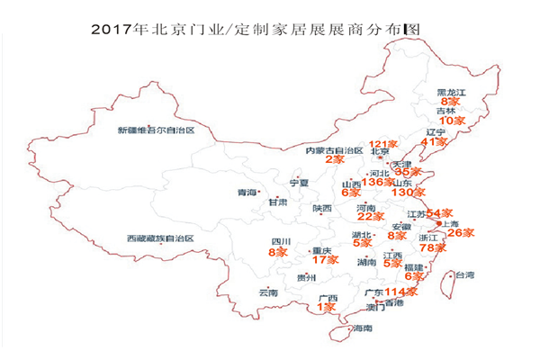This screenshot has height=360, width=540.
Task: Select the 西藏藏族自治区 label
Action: pos(160,239)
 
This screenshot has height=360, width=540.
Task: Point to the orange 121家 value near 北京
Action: pos(384,144)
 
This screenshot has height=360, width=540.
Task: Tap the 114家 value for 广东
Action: pos(401,292)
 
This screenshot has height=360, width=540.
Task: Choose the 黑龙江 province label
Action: pos(452,92)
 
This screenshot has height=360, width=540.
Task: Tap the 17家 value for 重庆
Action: pos(324,260)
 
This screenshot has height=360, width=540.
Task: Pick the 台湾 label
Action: pos(463,275)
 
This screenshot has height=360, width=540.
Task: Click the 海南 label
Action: pos(362,328)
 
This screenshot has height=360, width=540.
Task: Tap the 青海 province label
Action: pos(246,192)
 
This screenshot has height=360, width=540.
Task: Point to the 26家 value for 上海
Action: pos(462,233)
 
